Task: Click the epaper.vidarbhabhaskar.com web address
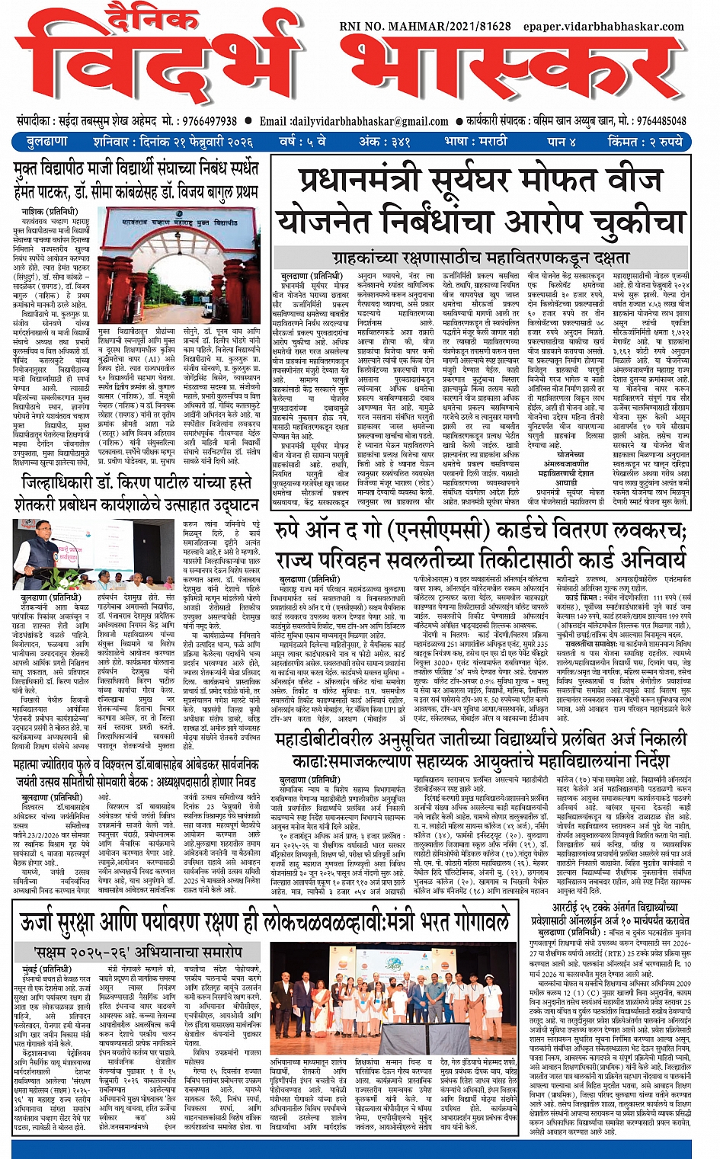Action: coord(603,27)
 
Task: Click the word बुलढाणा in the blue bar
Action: coord(47,142)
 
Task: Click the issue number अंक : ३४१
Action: coord(385,142)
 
